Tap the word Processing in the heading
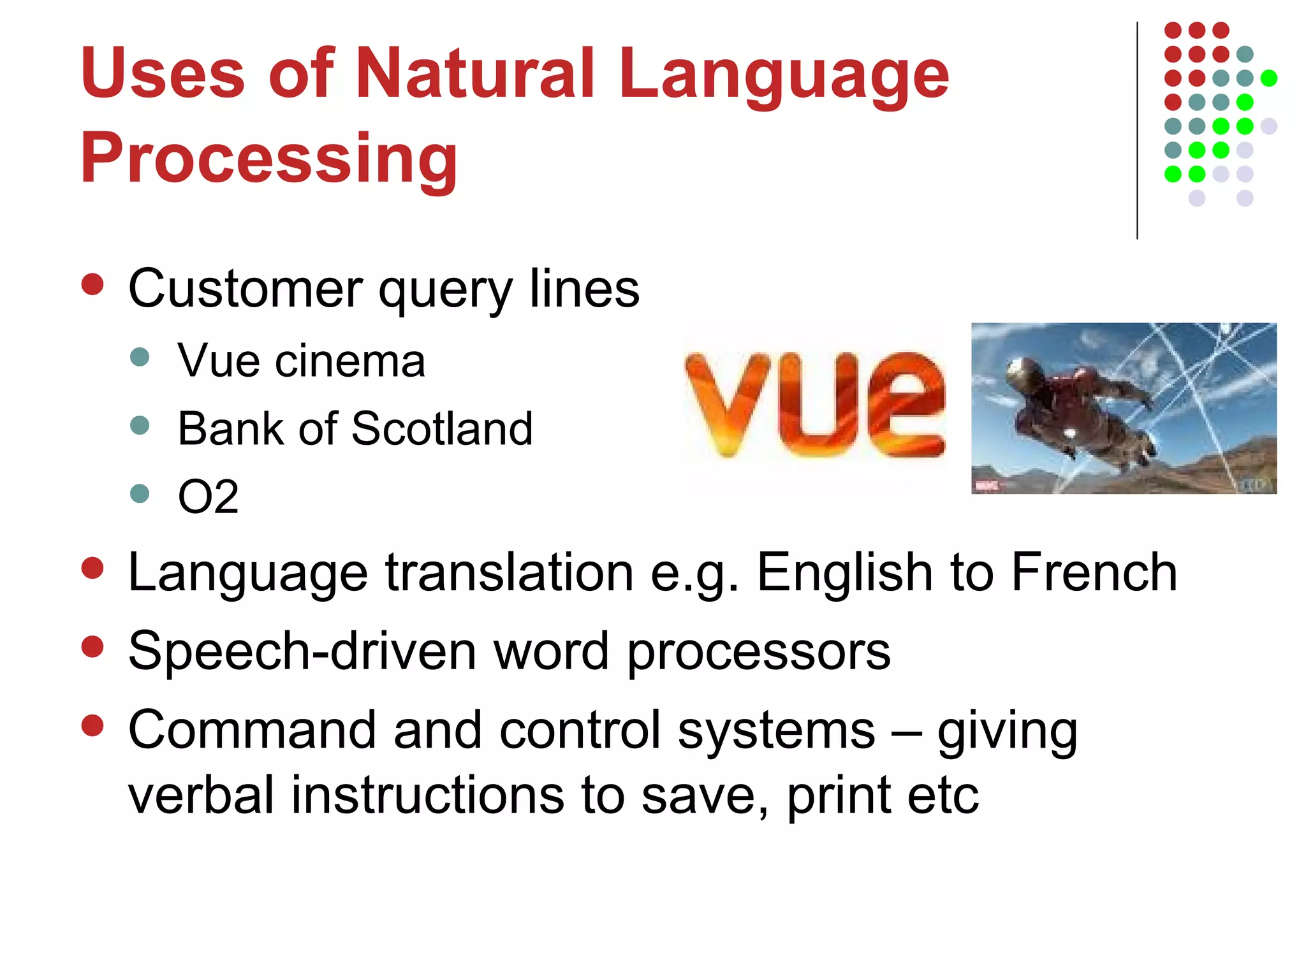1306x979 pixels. (x=268, y=157)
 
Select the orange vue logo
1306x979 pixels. (x=815, y=405)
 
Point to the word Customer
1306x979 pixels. (x=246, y=289)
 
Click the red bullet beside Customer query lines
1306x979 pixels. (x=93, y=284)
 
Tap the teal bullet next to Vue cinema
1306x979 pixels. (x=139, y=357)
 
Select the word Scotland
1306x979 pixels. (x=441, y=428)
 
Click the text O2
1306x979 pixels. (x=208, y=497)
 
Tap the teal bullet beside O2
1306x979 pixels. (x=139, y=493)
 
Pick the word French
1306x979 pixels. (x=1094, y=572)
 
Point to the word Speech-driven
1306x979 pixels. (x=302, y=651)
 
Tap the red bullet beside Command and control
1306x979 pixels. (x=93, y=725)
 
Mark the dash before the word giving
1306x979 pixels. (x=906, y=733)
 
